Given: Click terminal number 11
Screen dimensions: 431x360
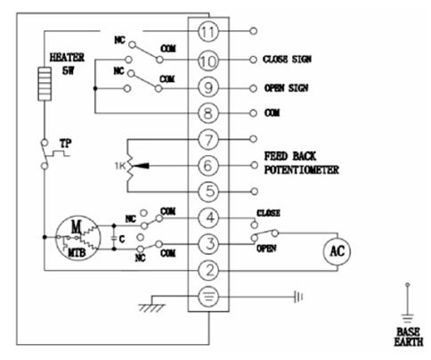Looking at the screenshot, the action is click(208, 31).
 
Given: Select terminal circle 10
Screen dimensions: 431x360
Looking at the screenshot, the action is click(208, 61).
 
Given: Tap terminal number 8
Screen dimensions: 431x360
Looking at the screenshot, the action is click(208, 113).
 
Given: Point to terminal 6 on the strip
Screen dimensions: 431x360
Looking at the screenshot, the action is click(208, 166).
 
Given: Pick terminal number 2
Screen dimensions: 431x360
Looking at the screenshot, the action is click(209, 270).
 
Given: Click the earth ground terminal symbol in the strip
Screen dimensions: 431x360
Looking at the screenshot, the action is click(209, 297).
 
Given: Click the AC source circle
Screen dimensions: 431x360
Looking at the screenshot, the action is click(337, 251).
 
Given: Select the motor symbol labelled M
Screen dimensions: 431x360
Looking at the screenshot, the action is click(78, 239).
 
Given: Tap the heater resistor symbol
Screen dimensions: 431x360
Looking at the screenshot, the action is click(45, 84).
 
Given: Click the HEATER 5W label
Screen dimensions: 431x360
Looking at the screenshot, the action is click(68, 63).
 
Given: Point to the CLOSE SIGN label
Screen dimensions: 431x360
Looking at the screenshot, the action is click(287, 60).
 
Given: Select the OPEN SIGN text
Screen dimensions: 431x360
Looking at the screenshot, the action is click(287, 88).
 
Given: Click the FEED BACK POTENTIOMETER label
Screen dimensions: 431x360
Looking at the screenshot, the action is click(301, 163).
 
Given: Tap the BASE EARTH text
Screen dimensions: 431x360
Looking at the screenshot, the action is click(409, 337).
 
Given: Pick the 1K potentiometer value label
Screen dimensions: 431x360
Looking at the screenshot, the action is click(120, 166).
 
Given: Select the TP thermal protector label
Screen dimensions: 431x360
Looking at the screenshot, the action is click(66, 143).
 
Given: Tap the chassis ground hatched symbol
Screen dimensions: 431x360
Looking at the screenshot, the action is click(151, 307).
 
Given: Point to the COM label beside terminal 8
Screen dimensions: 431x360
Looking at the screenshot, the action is click(272, 113).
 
